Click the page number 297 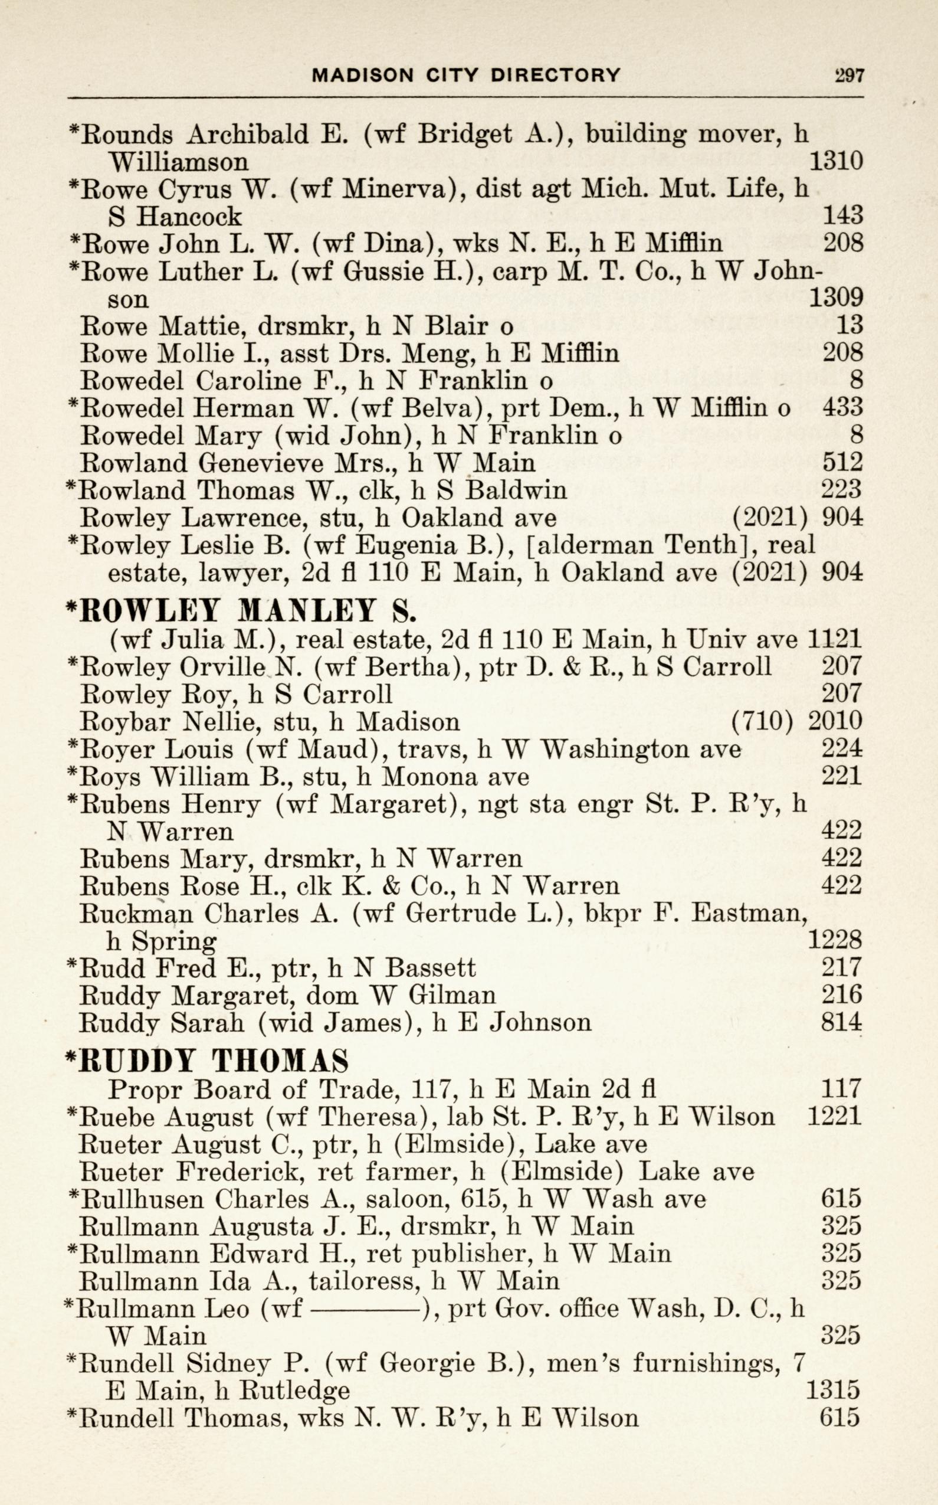click(x=849, y=76)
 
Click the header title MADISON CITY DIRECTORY click(x=466, y=76)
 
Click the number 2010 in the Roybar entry click(x=834, y=722)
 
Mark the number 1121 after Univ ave click(x=835, y=639)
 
